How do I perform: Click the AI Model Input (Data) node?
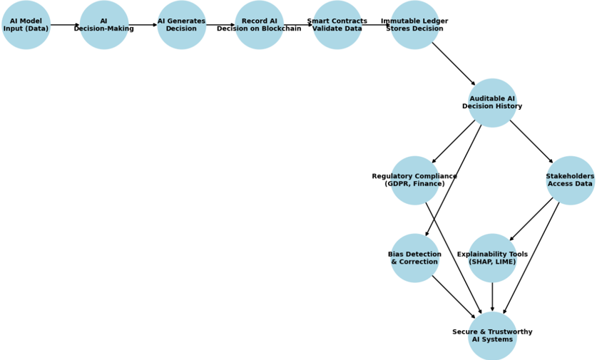click(26, 25)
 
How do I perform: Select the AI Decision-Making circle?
click(104, 25)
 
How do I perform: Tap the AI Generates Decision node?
click(182, 25)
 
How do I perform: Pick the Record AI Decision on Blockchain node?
click(259, 25)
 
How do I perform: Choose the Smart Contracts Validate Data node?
click(337, 25)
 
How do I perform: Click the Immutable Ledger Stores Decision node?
click(414, 25)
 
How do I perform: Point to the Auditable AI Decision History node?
click(492, 103)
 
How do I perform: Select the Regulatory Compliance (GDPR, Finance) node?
click(414, 180)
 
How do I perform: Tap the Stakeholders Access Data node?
click(570, 180)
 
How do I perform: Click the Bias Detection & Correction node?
click(414, 258)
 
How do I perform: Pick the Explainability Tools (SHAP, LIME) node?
click(492, 258)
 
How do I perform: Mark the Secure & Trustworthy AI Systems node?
click(492, 336)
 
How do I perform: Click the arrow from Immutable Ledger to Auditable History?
click(454, 64)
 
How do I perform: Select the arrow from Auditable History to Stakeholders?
click(531, 142)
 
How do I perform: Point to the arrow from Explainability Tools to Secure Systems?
click(492, 297)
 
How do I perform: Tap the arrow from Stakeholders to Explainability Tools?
click(531, 220)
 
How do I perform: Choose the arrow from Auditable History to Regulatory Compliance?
click(454, 142)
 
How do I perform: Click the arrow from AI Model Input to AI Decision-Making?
click(65, 25)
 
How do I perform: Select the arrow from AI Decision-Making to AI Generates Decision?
click(143, 25)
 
